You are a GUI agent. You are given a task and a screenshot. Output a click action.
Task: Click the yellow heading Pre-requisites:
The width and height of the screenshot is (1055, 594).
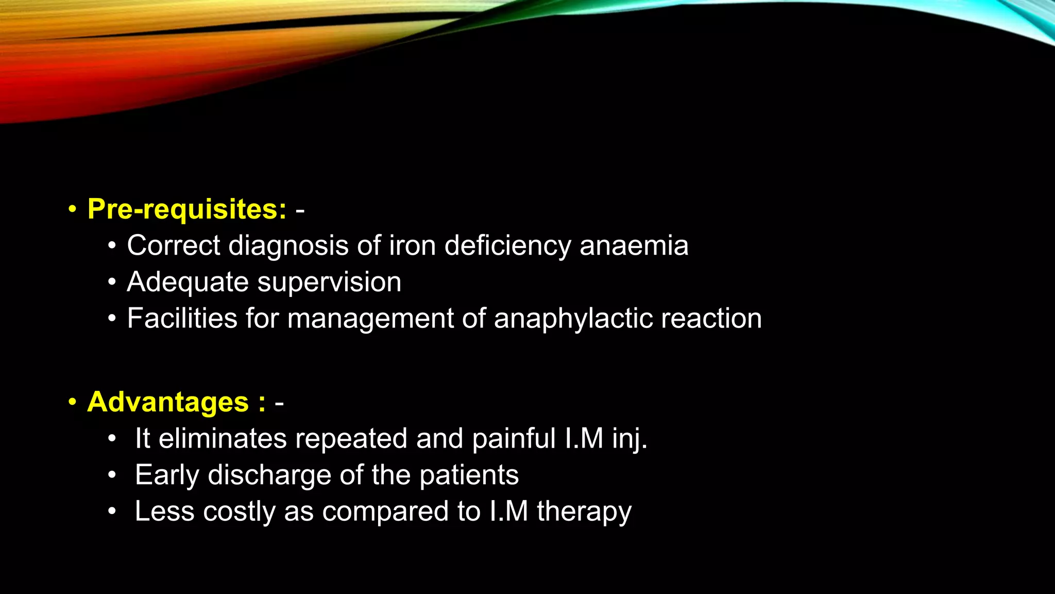187,209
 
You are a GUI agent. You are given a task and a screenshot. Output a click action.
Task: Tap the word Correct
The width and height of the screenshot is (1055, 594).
174,245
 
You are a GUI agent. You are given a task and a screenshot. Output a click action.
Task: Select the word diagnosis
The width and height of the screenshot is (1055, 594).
288,246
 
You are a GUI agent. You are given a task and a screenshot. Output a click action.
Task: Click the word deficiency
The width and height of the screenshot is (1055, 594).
507,246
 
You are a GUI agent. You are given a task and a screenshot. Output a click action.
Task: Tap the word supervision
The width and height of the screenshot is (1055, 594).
329,283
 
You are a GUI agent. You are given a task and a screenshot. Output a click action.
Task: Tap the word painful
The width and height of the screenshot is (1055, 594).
514,439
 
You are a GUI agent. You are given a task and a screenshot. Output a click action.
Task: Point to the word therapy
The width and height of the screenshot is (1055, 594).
584,512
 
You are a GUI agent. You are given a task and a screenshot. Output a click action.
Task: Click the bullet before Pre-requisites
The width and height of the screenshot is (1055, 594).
72,209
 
